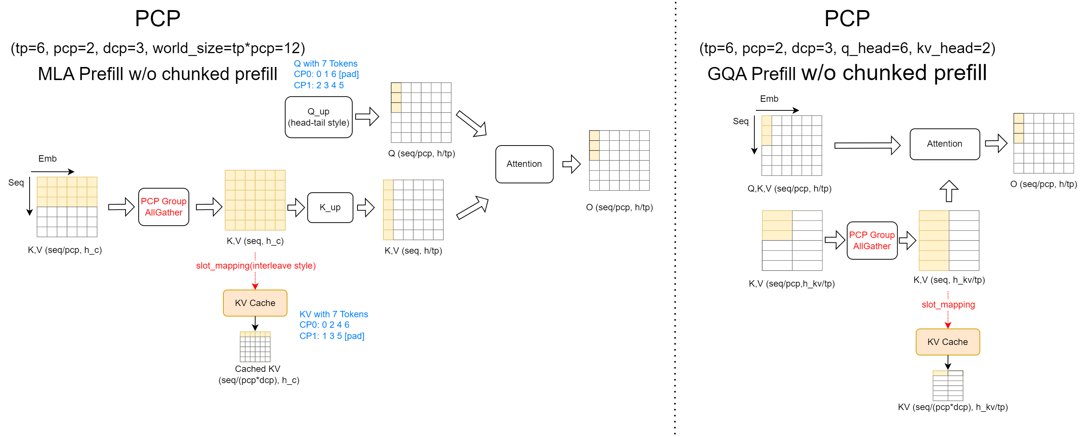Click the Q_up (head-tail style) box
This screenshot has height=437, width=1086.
(318, 117)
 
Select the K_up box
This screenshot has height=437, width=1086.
(330, 207)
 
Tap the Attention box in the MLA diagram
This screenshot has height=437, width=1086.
(524, 164)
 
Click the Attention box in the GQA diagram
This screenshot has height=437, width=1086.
(944, 144)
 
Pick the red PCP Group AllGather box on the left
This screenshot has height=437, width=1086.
(163, 207)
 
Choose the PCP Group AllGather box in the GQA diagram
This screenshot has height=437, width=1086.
(871, 241)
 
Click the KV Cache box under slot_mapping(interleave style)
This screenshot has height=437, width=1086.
(255, 303)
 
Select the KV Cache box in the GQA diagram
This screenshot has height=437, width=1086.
(947, 342)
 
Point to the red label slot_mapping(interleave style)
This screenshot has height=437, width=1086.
(256, 266)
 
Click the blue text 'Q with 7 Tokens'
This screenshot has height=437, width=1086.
(325, 64)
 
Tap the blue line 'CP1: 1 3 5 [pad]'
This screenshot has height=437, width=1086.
(332, 336)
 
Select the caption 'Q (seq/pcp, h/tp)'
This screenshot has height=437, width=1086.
(421, 153)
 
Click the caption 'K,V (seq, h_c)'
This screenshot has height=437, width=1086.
(255, 241)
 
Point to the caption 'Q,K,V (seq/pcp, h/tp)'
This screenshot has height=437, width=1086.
(789, 189)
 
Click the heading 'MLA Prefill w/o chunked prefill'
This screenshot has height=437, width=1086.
(157, 74)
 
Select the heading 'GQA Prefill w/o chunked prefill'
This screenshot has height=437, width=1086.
(847, 73)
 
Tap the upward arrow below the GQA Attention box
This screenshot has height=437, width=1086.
(948, 191)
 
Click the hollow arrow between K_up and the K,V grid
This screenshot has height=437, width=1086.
(365, 207)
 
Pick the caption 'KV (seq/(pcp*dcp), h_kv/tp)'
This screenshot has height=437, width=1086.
(952, 407)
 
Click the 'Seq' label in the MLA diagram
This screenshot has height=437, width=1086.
(16, 183)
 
